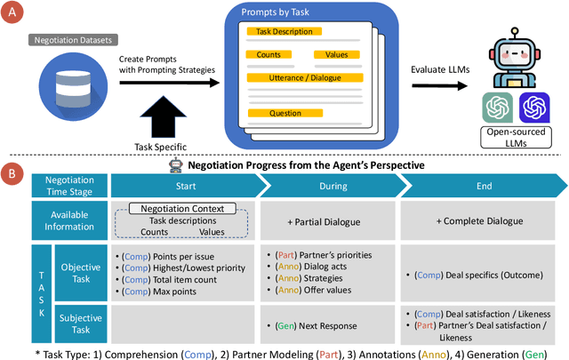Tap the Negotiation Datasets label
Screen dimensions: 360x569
72,40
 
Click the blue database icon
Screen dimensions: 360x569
72,88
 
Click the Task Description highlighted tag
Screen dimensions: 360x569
283,31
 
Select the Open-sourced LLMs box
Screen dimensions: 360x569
517,140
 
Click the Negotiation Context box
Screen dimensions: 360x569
182,208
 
